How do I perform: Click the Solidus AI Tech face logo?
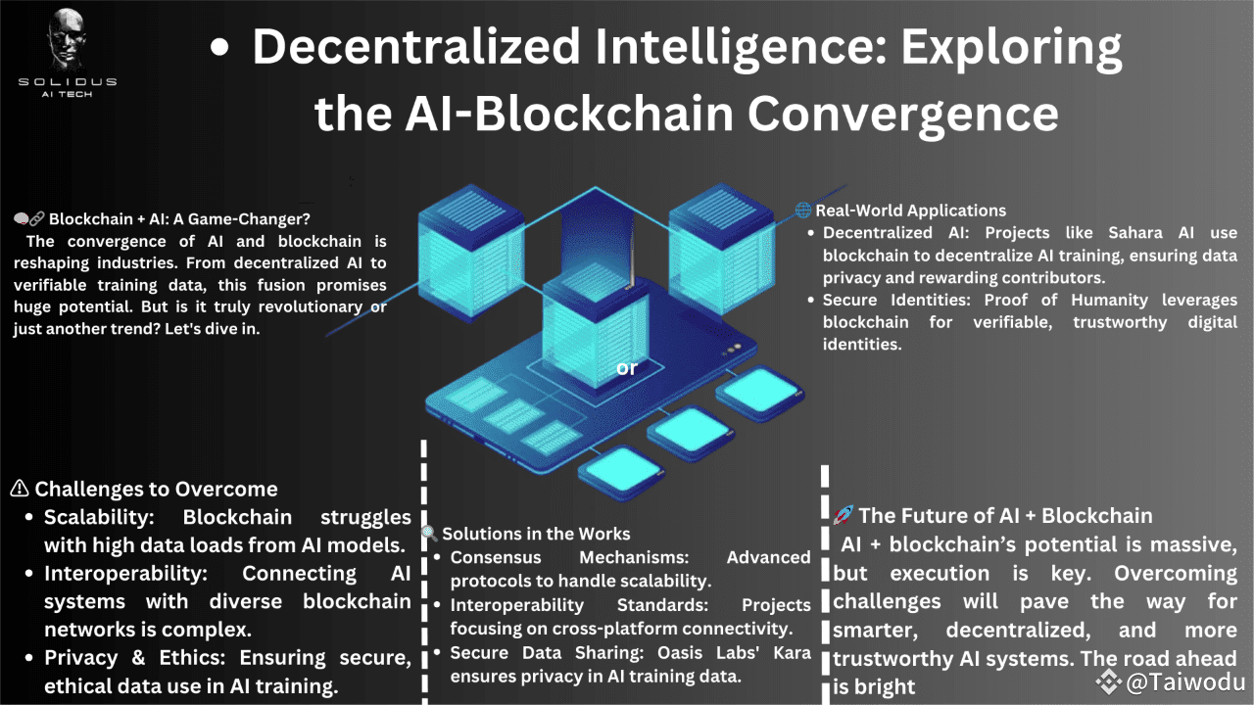[x=67, y=40]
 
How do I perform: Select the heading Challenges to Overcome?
[x=156, y=489]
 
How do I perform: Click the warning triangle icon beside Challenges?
[x=20, y=489]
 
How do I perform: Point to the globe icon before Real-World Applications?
[x=803, y=211]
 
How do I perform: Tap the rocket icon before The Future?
[x=843, y=515]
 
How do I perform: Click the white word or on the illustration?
[x=626, y=368]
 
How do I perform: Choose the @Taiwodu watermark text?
[x=1185, y=682]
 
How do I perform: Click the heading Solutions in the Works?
[x=536, y=534]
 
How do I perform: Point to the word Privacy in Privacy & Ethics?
[x=81, y=658]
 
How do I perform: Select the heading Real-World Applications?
[x=910, y=211]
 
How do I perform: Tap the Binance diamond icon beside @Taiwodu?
[x=1109, y=681]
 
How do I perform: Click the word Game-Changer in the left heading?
[x=269, y=218]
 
